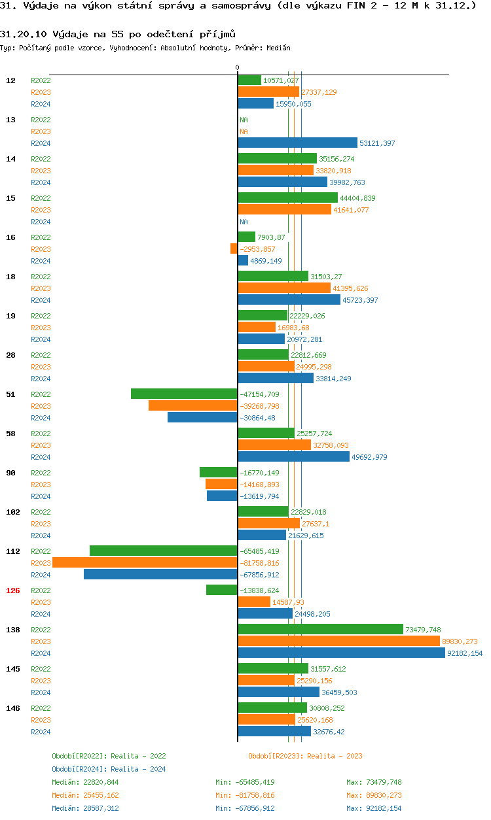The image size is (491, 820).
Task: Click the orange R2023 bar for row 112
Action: click(x=145, y=563)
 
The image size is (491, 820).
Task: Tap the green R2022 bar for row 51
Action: click(x=184, y=394)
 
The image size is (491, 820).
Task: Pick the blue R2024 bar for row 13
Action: click(x=297, y=143)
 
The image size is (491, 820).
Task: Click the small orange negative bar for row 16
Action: click(x=234, y=248)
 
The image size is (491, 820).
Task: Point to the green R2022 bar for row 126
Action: click(x=221, y=590)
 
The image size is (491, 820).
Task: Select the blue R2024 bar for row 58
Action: click(x=293, y=456)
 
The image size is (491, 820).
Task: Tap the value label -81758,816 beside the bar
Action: click(x=259, y=563)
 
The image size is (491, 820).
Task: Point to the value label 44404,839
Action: click(x=357, y=198)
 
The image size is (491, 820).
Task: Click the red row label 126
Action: click(x=13, y=590)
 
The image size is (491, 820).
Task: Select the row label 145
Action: click(x=13, y=669)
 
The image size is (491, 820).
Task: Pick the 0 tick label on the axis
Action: click(x=237, y=67)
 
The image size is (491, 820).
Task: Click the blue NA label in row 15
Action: click(x=244, y=222)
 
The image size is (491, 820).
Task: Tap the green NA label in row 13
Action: click(x=244, y=120)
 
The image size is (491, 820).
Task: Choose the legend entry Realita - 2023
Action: click(x=305, y=756)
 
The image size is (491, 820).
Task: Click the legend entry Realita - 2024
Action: click(x=109, y=769)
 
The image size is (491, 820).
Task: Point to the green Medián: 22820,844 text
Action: click(x=85, y=782)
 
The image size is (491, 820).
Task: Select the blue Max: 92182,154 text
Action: click(x=374, y=808)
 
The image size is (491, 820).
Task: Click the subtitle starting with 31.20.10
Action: click(x=118, y=33)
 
